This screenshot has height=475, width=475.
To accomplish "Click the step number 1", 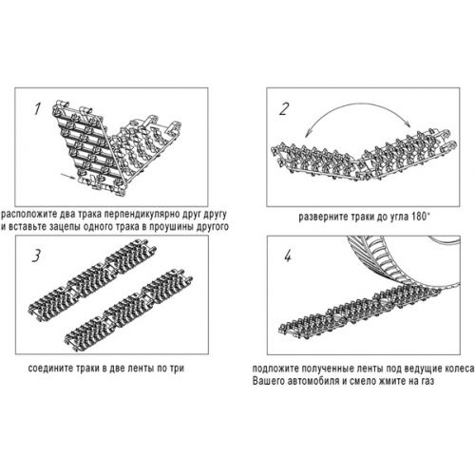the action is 37,109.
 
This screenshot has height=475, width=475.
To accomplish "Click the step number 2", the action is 284,109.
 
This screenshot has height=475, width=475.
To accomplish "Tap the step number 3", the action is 36,256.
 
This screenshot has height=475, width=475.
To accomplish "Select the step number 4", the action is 288,256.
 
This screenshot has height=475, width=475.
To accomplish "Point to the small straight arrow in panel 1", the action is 69,177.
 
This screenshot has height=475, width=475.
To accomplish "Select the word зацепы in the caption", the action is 55,227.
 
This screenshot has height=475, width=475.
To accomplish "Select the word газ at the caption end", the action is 427,381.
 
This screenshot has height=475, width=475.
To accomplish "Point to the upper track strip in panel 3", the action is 92,280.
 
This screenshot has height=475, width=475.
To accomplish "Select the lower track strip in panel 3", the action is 128,311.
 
